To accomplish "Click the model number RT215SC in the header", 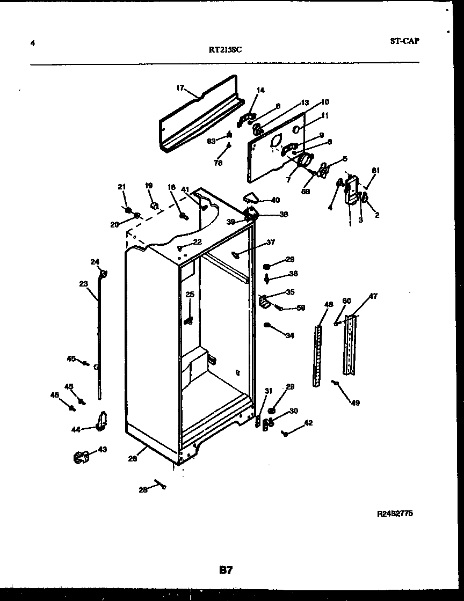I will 226,50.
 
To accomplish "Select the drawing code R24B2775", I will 395,514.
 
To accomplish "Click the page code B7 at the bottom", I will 226,570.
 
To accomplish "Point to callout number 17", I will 180,88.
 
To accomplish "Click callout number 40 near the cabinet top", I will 275,200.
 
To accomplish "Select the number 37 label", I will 270,243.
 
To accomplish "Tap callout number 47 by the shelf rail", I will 373,296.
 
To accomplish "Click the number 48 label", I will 329,305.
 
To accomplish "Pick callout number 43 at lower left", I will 102,449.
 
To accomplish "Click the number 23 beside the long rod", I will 83,284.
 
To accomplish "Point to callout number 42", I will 308,423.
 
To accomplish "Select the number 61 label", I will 375,171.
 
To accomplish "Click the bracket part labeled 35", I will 264,301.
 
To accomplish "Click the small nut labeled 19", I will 153,205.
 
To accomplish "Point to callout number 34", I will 289,336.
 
